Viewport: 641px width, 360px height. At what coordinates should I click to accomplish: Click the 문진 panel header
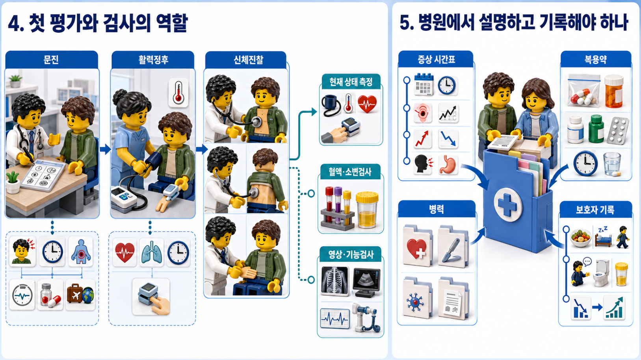click(52, 59)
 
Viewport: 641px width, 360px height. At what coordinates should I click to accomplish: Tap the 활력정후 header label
click(153, 59)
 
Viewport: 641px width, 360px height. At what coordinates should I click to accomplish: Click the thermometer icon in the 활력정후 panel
click(178, 93)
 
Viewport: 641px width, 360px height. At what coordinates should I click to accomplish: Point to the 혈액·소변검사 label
click(350, 172)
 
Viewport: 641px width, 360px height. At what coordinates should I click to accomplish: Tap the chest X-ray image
click(334, 281)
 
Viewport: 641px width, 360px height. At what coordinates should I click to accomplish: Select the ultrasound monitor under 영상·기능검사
click(366, 282)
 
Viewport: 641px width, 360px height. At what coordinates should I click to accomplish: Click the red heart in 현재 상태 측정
click(367, 104)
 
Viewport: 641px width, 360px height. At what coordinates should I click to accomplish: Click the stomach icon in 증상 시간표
click(448, 165)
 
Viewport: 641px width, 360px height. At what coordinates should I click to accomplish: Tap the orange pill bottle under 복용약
click(613, 91)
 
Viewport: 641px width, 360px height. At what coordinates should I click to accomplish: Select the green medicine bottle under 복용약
click(596, 129)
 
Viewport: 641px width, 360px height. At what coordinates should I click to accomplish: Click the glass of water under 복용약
click(612, 164)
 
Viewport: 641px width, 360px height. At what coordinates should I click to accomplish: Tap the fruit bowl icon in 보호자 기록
click(580, 238)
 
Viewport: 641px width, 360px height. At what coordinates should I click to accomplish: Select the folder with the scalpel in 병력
click(452, 247)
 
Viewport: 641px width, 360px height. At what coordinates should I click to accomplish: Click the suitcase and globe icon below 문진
click(80, 294)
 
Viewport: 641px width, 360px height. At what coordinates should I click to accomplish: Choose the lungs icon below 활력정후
click(151, 252)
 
